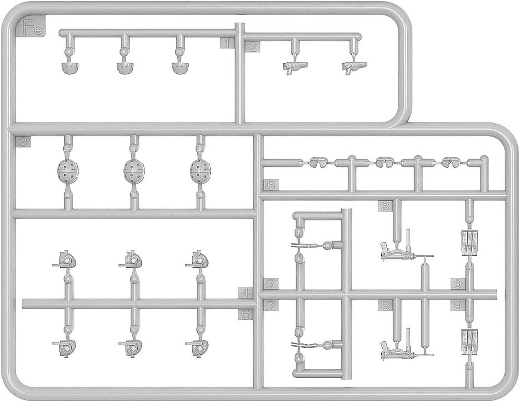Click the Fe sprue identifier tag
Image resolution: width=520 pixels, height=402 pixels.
coord(31,27)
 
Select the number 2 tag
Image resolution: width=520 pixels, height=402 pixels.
coord(252,47)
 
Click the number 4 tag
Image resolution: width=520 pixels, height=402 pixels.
coord(245,293)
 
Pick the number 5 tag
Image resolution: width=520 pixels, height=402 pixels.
coord(245,315)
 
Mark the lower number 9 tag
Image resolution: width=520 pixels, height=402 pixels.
coord(457,306)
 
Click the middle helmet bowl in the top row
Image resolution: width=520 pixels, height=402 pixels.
coord(125,68)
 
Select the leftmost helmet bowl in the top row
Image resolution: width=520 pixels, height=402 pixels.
coord(70,68)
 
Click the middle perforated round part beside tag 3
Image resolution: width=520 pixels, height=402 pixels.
coord(134,170)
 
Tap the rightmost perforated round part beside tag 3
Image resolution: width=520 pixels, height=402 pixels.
coord(200,170)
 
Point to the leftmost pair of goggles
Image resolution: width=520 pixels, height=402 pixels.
coord(319,163)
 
